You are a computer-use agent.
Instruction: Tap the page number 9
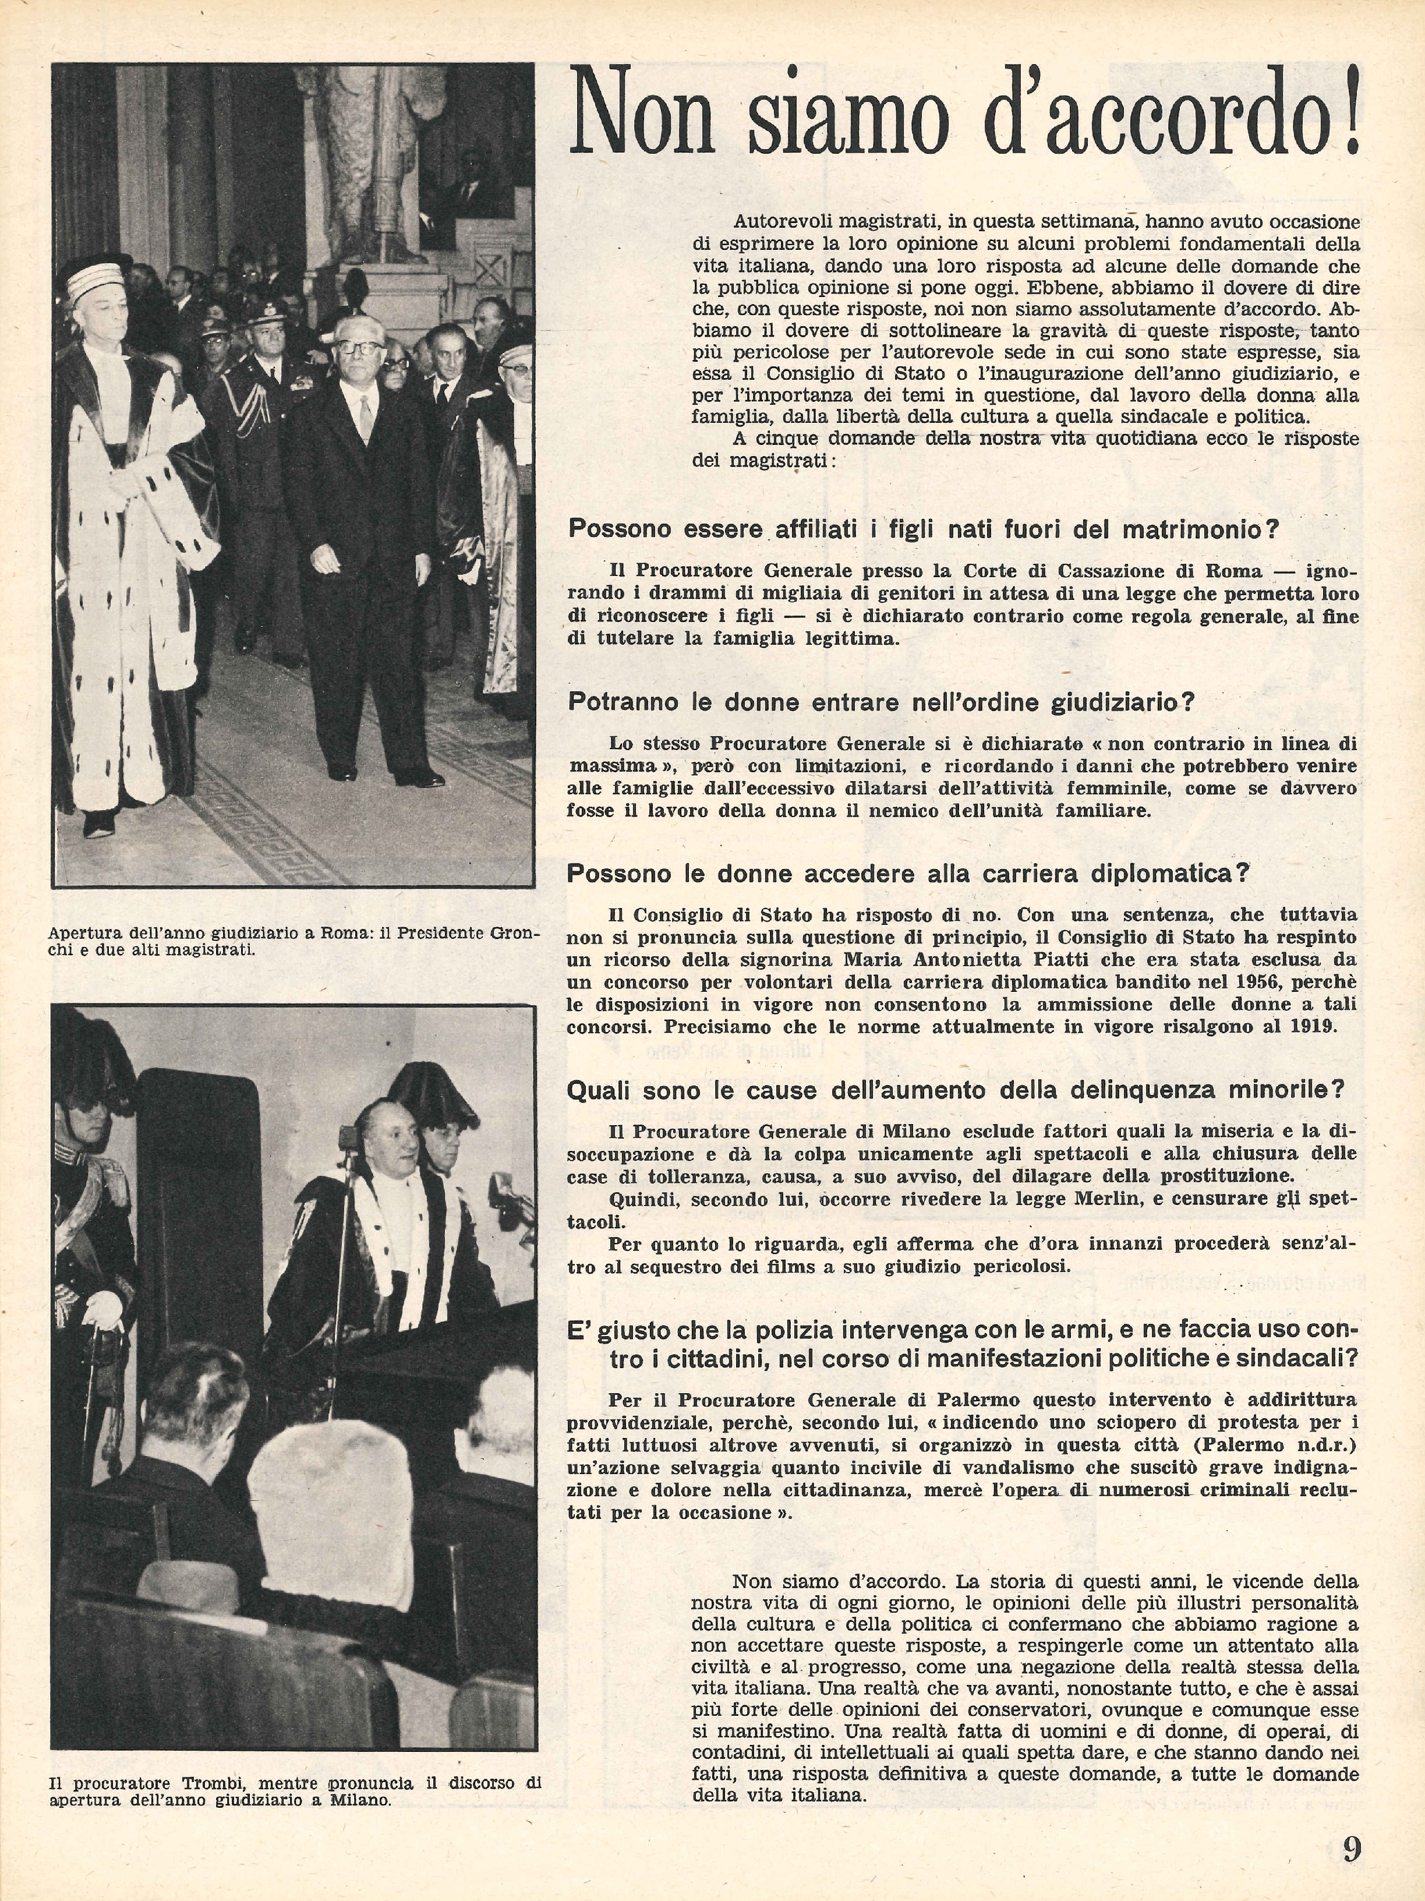(1351, 1846)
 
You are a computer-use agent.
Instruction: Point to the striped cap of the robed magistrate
(96, 280)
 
